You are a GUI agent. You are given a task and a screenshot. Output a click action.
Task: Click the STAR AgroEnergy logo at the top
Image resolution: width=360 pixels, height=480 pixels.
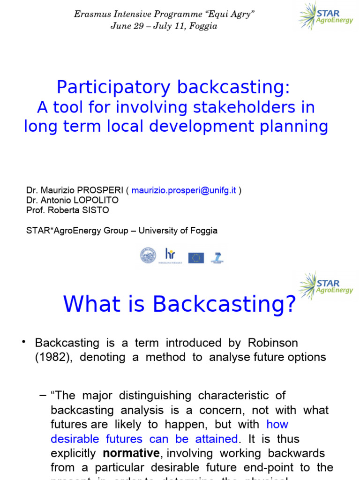pyautogui.click(x=325, y=16)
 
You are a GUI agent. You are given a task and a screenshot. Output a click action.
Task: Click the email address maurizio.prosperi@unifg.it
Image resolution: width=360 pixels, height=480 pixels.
pyautogui.click(x=184, y=190)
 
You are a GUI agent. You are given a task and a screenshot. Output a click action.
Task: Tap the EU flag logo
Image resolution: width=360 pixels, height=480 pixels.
pyautogui.click(x=196, y=257)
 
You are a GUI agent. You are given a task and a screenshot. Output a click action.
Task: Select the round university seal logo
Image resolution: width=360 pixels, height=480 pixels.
pyautogui.click(x=148, y=255)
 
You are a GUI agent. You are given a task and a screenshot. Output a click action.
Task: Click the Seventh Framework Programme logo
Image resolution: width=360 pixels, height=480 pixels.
pyautogui.click(x=217, y=257)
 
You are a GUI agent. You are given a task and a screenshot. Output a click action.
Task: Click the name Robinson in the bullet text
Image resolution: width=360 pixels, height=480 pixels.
pyautogui.click(x=271, y=343)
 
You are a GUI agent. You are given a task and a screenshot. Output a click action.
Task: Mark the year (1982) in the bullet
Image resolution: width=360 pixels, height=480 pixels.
pyautogui.click(x=53, y=357)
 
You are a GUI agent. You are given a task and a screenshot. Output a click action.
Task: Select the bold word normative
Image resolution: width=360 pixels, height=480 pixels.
pyautogui.click(x=131, y=454)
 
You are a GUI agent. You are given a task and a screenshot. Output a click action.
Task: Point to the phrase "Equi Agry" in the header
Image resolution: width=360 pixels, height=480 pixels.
pyautogui.click(x=230, y=15)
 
